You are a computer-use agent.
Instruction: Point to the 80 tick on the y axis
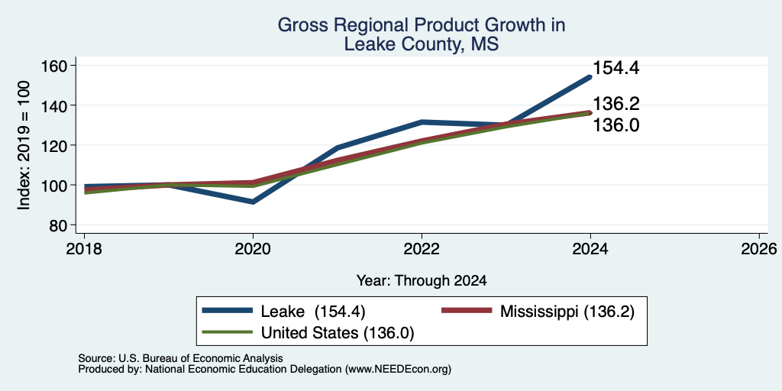[57, 225]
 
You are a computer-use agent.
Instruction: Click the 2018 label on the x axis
[84, 248]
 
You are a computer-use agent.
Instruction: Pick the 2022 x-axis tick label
[422, 248]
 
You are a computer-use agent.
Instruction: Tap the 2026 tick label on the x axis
[759, 248]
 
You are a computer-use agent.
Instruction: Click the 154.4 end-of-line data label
[616, 68]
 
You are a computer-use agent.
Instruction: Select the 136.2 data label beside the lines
[616, 104]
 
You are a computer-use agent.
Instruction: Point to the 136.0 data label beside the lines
[616, 125]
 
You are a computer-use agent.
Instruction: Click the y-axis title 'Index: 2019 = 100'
[24, 145]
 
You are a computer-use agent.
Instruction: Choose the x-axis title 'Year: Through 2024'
[422, 281]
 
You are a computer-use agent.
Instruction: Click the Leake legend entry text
[313, 312]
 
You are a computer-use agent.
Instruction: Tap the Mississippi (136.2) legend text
[567, 312]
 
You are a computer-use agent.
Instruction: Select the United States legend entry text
[338, 333]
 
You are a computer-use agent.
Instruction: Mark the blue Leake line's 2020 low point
[254, 202]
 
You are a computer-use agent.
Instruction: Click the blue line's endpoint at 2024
[590, 77]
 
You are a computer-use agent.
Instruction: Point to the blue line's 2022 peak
[422, 121]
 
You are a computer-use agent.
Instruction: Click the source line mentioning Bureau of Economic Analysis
[180, 358]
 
